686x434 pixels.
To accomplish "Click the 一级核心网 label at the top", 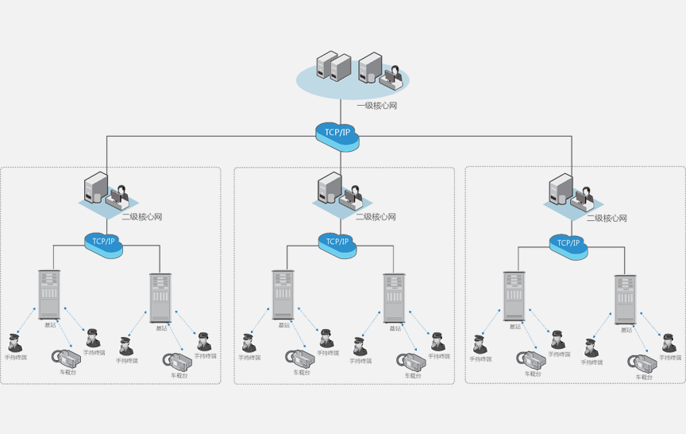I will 376,106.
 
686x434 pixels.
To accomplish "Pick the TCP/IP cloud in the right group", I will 568,244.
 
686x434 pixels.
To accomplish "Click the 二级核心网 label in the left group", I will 142,216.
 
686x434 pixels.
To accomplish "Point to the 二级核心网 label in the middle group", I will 376,216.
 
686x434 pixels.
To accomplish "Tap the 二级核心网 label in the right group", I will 607,218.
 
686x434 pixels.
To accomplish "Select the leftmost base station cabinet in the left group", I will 49,294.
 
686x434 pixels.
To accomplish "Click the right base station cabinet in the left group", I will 160,297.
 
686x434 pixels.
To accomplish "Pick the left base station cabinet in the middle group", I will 283,294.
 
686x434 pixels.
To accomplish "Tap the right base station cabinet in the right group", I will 625,299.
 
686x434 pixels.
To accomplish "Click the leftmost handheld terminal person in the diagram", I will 14,343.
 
